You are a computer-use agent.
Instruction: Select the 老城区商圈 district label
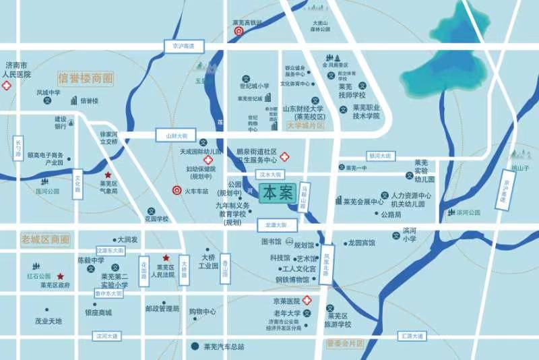click(x=46, y=239)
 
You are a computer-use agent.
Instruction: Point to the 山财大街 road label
click(x=177, y=136)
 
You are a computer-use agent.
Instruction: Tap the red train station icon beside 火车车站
click(x=177, y=191)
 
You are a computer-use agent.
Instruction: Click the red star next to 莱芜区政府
click(x=60, y=276)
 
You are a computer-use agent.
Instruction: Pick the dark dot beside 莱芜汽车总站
click(x=195, y=347)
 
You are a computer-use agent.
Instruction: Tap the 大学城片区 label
click(x=305, y=126)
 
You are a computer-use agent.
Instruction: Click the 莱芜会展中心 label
click(x=363, y=201)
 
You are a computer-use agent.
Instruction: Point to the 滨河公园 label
click(x=468, y=212)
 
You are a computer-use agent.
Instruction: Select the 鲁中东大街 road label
click(x=108, y=294)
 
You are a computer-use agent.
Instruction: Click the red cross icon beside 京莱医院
click(x=307, y=300)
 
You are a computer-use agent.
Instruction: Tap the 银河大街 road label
click(x=379, y=156)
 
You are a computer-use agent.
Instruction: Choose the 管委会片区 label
click(x=344, y=343)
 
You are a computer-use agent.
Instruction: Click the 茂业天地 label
click(x=49, y=321)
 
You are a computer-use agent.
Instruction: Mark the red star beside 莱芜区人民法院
click(x=166, y=258)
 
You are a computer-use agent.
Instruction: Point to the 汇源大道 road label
click(x=412, y=336)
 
